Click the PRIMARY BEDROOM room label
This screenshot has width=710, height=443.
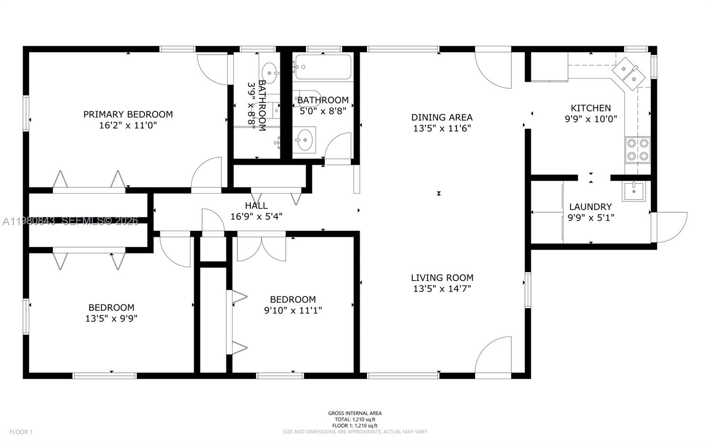point(128,114)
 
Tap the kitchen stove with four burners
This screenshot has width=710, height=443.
point(637,150)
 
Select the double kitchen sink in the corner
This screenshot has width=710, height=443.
point(629,74)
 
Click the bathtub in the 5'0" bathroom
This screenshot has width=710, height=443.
point(323,67)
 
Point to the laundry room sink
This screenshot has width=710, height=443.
point(633,191)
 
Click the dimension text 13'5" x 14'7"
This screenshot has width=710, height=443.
point(442,289)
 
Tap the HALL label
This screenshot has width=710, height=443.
point(256,206)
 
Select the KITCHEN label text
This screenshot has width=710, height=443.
point(591,108)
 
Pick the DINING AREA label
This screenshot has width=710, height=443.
point(442,117)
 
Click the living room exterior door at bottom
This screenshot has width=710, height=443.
point(494,355)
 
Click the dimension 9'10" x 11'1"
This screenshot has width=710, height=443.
point(292,310)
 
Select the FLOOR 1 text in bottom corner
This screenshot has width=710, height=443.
point(21,431)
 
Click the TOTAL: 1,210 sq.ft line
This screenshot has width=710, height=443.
point(355,419)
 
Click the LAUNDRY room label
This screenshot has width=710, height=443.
point(590,206)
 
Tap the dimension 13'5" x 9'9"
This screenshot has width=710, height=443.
point(111,318)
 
